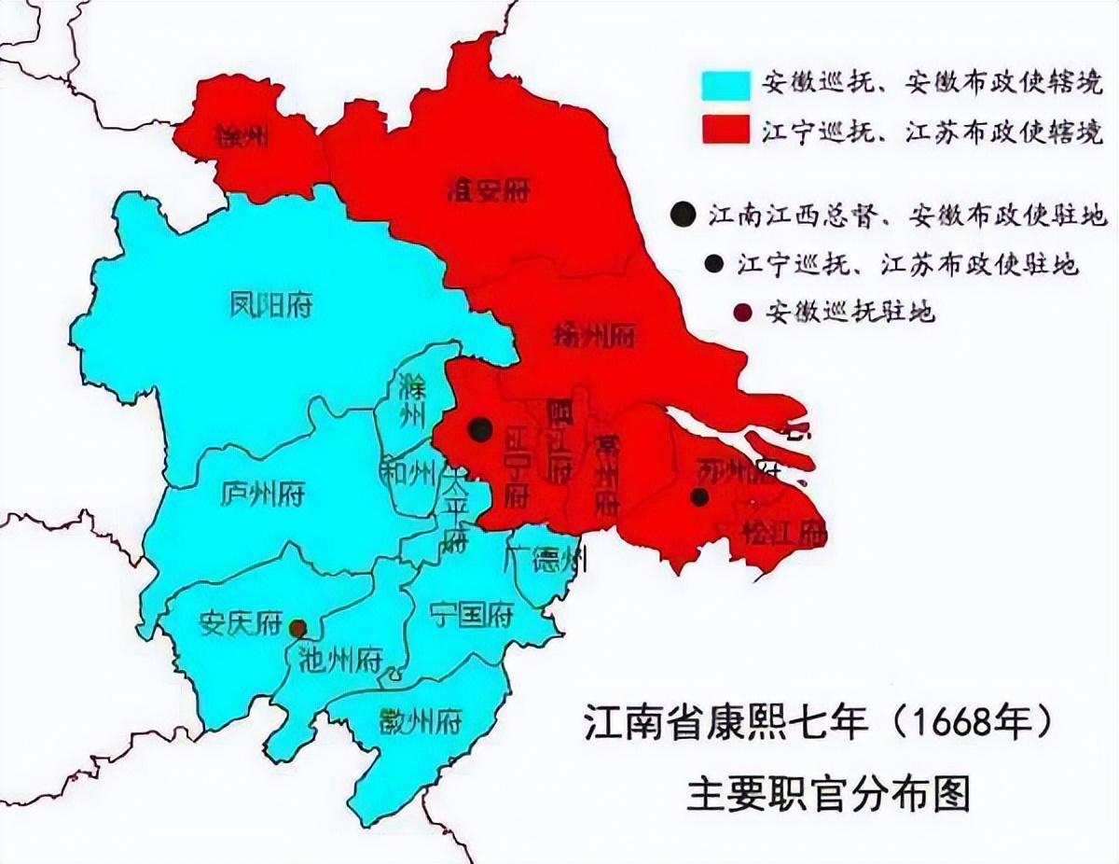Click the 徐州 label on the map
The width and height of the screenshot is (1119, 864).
pos(242,139)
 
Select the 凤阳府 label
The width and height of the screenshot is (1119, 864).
pos(270,305)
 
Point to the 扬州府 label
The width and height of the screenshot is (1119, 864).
pos(593,334)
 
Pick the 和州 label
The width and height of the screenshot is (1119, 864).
pos(407,473)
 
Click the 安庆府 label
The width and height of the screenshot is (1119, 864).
pos(241,623)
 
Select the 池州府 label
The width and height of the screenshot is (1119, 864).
pos(341,661)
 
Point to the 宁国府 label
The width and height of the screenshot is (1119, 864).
pos(472,614)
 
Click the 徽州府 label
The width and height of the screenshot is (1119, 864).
pos(421,720)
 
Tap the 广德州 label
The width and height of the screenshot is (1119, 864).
pos(545,560)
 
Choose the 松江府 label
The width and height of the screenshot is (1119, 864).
pos(783,534)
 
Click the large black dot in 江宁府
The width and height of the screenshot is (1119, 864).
pos(480,429)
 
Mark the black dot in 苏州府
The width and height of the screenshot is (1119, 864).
pos(698,497)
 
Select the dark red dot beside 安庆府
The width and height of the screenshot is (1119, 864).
pos(297,629)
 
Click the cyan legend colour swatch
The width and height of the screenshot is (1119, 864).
pos(725,84)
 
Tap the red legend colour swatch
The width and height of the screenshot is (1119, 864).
pos(725,131)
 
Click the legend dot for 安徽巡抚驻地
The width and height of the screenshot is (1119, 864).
pos(743,313)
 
